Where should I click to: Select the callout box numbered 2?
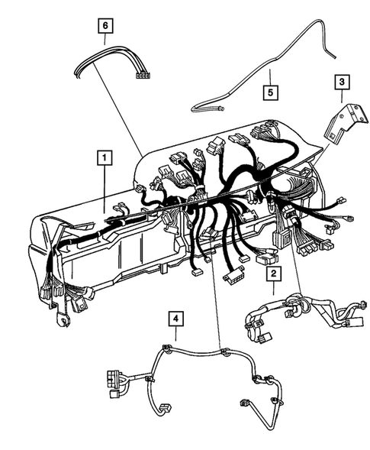click(x=272, y=272)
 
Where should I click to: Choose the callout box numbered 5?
click(x=269, y=93)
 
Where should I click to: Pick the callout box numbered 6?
click(x=106, y=25)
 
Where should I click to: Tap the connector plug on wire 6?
click(x=141, y=75)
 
